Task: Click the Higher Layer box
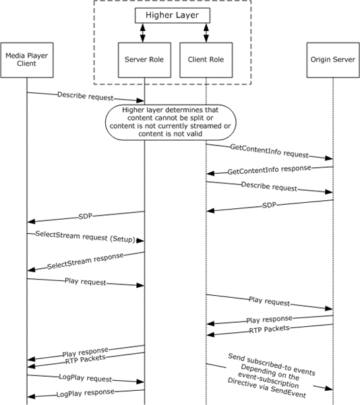pyautogui.click(x=173, y=15)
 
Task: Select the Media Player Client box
pyautogui.click(x=27, y=60)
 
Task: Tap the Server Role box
pyautogui.click(x=144, y=60)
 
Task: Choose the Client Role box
pyautogui.click(x=206, y=60)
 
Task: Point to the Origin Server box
pyautogui.click(x=333, y=60)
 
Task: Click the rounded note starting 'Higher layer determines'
pyautogui.click(x=171, y=122)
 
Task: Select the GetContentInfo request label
pyautogui.click(x=269, y=151)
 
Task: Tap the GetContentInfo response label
pyautogui.click(x=269, y=169)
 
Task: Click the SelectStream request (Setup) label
pyautogui.click(x=86, y=237)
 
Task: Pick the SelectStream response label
pyautogui.click(x=86, y=261)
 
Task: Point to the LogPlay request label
pyautogui.click(x=86, y=378)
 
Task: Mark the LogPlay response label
pyautogui.click(x=86, y=393)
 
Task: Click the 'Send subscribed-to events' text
pyautogui.click(x=272, y=365)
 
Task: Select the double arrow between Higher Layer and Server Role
pyautogui.click(x=143, y=33)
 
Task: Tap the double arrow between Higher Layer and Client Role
pyautogui.click(x=206, y=33)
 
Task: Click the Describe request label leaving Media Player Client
pyautogui.click(x=86, y=96)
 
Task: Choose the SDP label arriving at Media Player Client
pyautogui.click(x=86, y=216)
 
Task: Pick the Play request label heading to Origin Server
pyautogui.click(x=269, y=301)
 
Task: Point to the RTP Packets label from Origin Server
pyautogui.click(x=269, y=330)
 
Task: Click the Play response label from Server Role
pyautogui.click(x=86, y=352)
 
